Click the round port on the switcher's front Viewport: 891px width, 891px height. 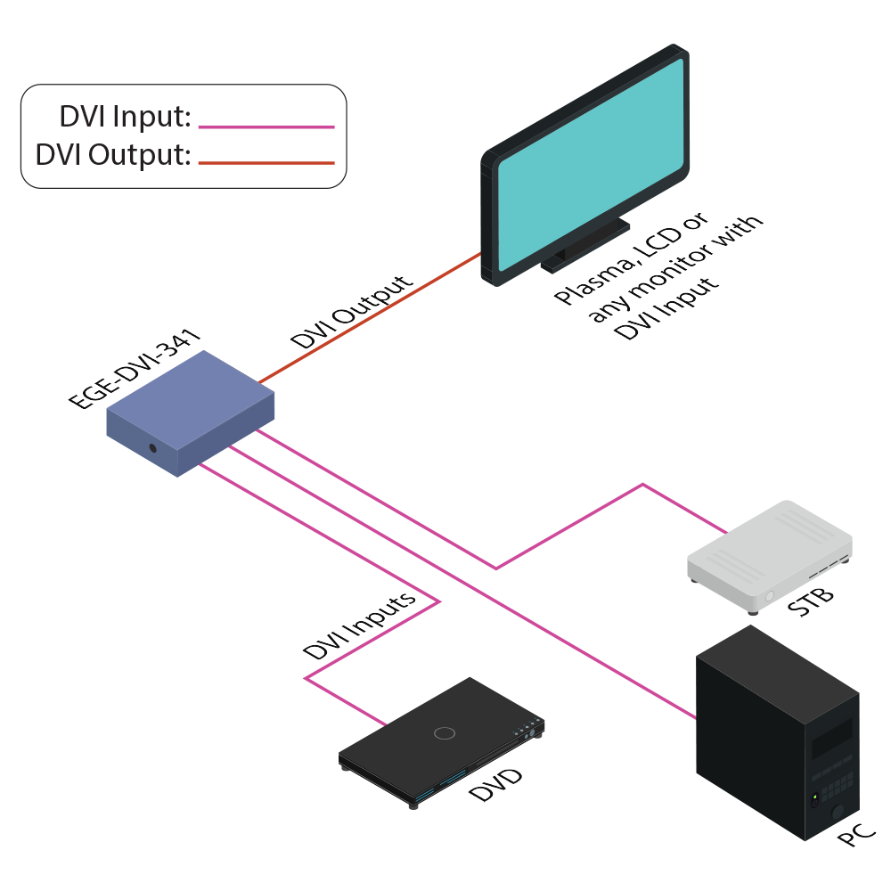154,448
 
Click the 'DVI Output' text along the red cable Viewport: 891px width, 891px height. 353,311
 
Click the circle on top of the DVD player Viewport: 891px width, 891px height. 444,733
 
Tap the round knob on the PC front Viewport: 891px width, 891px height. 838,813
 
